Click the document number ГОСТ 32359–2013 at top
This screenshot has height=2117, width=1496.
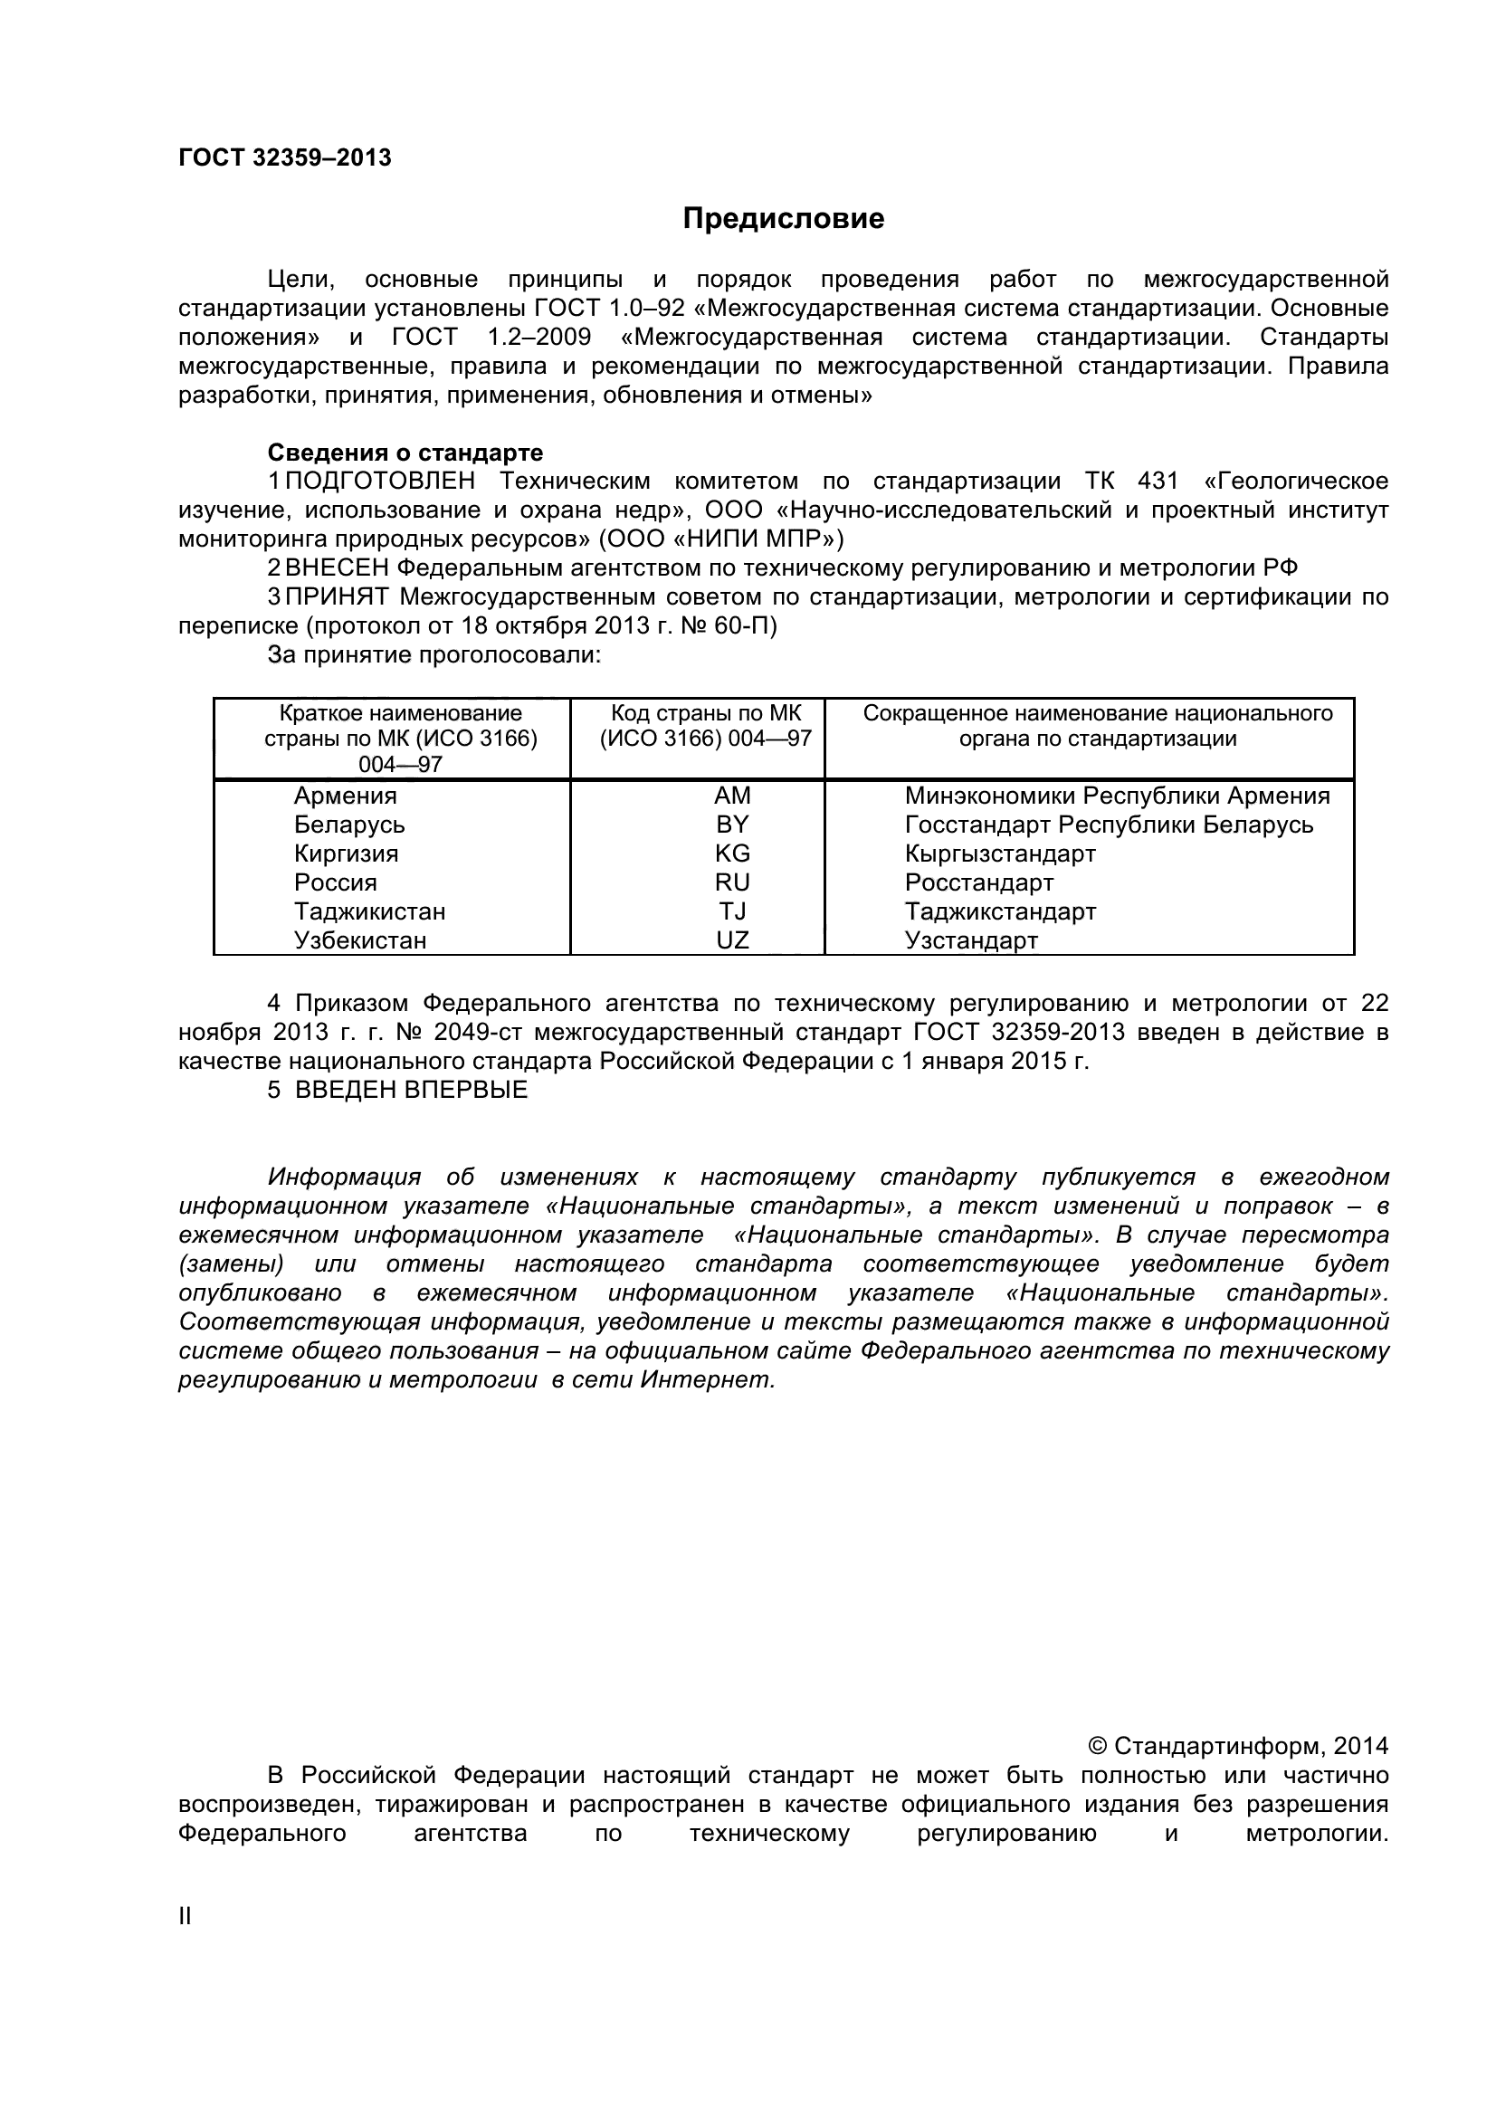tap(284, 158)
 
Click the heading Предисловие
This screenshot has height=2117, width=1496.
tap(783, 219)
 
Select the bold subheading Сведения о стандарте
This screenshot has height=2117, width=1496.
tap(405, 453)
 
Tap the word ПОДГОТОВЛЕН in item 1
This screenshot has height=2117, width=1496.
tap(381, 482)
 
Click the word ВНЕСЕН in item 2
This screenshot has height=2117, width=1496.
tap(338, 568)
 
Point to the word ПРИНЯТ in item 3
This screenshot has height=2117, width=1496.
tap(338, 597)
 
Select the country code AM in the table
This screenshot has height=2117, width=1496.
tap(732, 796)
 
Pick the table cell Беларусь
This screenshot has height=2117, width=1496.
tap(349, 825)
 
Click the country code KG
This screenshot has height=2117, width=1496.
tap(732, 853)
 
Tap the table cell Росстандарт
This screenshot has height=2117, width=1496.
tap(979, 882)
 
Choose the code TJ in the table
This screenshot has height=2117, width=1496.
tap(732, 912)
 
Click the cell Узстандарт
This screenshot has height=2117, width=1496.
tap(970, 940)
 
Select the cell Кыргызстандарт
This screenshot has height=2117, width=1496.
tap(1000, 853)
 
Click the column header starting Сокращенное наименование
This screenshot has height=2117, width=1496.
tap(1097, 727)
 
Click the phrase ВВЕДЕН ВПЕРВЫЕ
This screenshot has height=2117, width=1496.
tap(411, 1090)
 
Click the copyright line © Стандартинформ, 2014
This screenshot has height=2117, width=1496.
tap(1238, 1745)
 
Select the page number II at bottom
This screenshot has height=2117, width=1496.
tap(186, 1916)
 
